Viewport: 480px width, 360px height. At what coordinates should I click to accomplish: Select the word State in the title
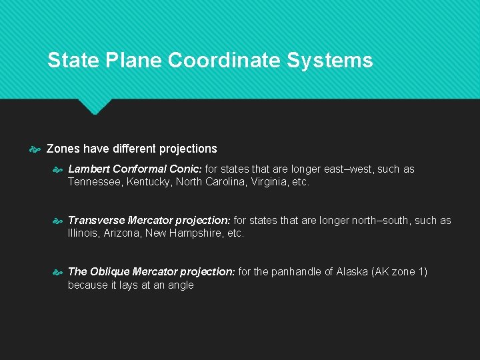pyautogui.click(x=73, y=61)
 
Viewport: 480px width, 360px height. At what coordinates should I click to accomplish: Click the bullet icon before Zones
pyautogui.click(x=37, y=149)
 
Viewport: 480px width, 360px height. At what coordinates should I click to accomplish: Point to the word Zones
pyautogui.click(x=63, y=149)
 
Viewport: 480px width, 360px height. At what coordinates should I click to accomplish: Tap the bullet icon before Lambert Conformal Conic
pyautogui.click(x=58, y=169)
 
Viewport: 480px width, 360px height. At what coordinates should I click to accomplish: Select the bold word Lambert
pyautogui.click(x=89, y=169)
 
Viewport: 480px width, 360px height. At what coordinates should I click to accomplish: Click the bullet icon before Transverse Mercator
pyautogui.click(x=58, y=221)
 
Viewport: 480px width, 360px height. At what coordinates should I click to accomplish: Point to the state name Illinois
pyautogui.click(x=83, y=233)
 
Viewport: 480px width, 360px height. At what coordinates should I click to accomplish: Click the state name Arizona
pyautogui.click(x=123, y=233)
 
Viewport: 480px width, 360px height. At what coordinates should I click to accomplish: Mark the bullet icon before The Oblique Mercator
pyautogui.click(x=58, y=272)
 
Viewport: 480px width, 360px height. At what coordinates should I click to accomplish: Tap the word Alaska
pyautogui.click(x=353, y=271)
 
